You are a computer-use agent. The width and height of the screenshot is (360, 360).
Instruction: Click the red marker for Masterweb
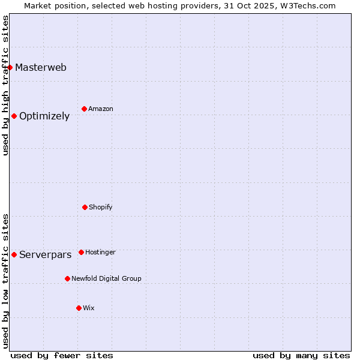coord(10,67)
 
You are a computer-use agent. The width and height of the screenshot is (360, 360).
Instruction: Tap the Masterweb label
coord(41,67)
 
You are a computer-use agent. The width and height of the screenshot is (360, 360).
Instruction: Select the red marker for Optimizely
coord(14,116)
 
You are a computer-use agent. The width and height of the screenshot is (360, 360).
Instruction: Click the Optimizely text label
coord(44,116)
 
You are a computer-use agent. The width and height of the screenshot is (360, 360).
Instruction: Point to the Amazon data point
coord(84,109)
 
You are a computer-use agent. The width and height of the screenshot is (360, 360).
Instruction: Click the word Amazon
coord(101,109)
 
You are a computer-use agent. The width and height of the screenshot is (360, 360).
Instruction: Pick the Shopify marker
coord(85,207)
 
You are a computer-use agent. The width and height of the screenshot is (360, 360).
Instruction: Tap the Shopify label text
coord(101,208)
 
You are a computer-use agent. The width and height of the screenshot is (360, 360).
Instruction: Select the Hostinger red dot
coord(81,252)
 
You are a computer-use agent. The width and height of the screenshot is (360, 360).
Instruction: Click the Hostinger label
coord(100,253)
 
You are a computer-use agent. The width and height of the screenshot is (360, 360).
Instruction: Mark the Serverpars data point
coord(14,254)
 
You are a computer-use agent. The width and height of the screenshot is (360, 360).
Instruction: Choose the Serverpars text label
coord(46,255)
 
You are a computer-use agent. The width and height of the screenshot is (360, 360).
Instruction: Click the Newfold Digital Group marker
coord(67,278)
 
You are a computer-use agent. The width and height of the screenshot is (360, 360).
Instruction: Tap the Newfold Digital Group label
coord(106,279)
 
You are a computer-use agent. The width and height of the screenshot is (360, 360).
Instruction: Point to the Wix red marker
coord(79,308)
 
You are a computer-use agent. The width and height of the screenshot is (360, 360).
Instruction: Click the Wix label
coord(89,308)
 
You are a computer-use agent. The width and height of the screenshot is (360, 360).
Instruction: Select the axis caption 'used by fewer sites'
coord(62,355)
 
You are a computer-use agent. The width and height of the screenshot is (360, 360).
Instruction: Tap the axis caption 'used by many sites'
coord(301,355)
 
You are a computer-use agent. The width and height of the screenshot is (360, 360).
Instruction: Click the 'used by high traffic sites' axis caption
coord(5,85)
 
